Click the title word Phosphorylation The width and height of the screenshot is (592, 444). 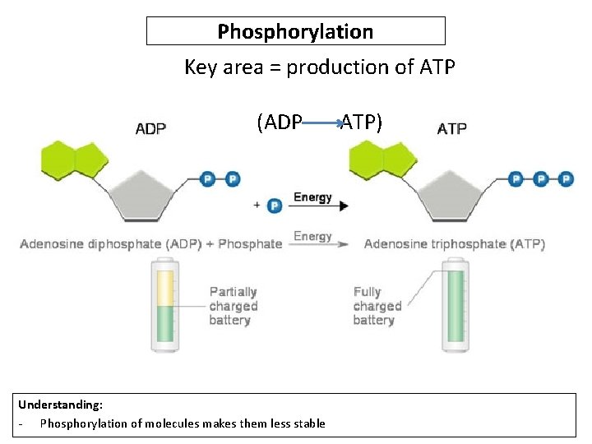point(295,32)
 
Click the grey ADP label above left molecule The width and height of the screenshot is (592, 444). point(150,128)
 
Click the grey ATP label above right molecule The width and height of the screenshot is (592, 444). point(452,128)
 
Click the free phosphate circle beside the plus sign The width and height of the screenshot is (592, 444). point(275,205)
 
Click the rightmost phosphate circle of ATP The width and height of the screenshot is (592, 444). point(566,178)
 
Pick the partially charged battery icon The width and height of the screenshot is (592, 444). point(164,305)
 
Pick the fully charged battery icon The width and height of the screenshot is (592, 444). point(455,305)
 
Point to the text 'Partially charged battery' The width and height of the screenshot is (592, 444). point(234,306)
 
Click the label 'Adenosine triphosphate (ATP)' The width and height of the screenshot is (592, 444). point(454,244)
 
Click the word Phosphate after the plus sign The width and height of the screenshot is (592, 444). point(250,244)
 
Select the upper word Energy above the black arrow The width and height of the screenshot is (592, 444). point(312,197)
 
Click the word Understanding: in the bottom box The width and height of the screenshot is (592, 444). point(61,405)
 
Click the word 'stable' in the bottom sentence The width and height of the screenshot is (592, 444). point(309,423)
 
